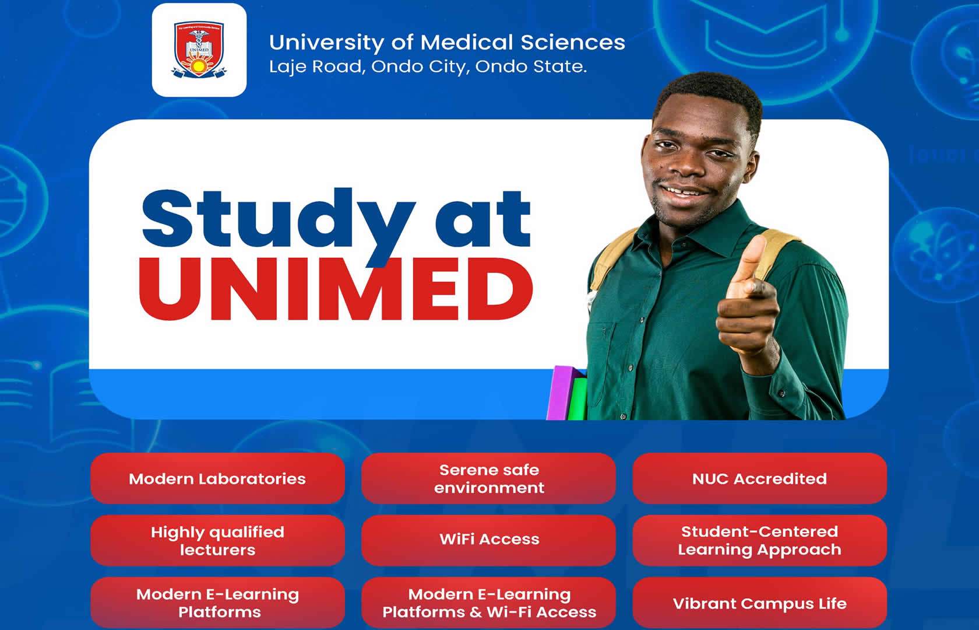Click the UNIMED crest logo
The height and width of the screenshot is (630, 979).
pyautogui.click(x=199, y=50)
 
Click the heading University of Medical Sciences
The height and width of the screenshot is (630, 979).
pyautogui.click(x=447, y=43)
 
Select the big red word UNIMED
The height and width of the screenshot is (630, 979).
pyautogui.click(x=336, y=289)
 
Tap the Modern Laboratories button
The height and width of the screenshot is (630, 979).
pyautogui.click(x=218, y=478)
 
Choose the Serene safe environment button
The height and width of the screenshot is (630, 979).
pyautogui.click(x=488, y=478)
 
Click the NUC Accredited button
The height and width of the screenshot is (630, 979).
pyautogui.click(x=760, y=478)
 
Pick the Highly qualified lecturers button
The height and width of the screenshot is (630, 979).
pyautogui.click(x=218, y=540)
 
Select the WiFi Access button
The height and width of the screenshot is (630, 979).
pyautogui.click(x=488, y=540)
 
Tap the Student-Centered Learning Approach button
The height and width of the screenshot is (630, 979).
pyautogui.click(x=760, y=540)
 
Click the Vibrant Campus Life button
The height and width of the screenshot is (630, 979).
pyautogui.click(x=760, y=603)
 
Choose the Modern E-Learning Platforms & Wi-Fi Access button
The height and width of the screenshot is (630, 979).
pyautogui.click(x=488, y=603)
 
